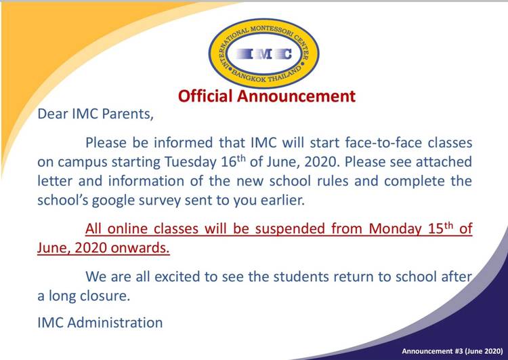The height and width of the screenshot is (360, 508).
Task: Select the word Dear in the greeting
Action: click(x=52, y=113)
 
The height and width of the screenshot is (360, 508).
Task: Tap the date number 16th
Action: click(x=233, y=162)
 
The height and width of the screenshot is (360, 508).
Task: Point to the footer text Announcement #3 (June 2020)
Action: click(x=452, y=351)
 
